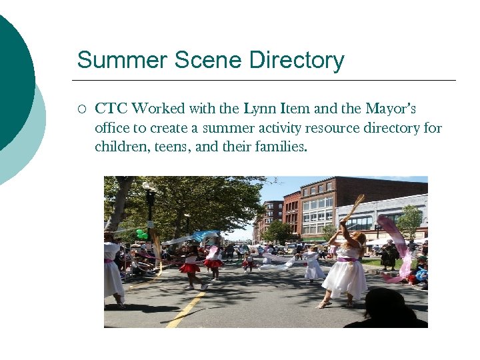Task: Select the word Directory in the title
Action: click(297, 60)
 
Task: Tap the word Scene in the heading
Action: click(209, 60)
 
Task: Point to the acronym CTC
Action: click(111, 109)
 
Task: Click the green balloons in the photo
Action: click(141, 234)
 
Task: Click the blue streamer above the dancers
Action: click(203, 235)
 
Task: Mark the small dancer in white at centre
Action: click(313, 265)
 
